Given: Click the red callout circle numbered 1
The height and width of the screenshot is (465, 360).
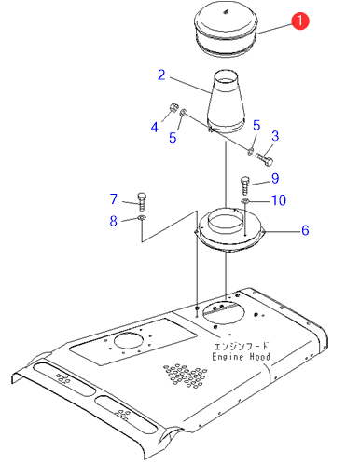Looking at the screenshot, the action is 300,21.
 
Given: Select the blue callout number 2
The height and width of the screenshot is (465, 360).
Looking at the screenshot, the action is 161,75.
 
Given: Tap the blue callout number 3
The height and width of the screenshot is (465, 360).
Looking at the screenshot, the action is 275,136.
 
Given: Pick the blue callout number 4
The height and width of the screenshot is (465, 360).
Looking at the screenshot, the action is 155,127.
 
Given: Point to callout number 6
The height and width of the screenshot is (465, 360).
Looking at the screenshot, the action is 305,230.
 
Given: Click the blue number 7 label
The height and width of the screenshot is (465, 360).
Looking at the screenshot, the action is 114,198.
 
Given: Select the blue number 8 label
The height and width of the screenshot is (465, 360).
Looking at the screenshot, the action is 114,221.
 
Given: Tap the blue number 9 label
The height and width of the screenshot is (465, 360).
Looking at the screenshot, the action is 275,178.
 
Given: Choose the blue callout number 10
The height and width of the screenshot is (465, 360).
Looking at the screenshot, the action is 279,200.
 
